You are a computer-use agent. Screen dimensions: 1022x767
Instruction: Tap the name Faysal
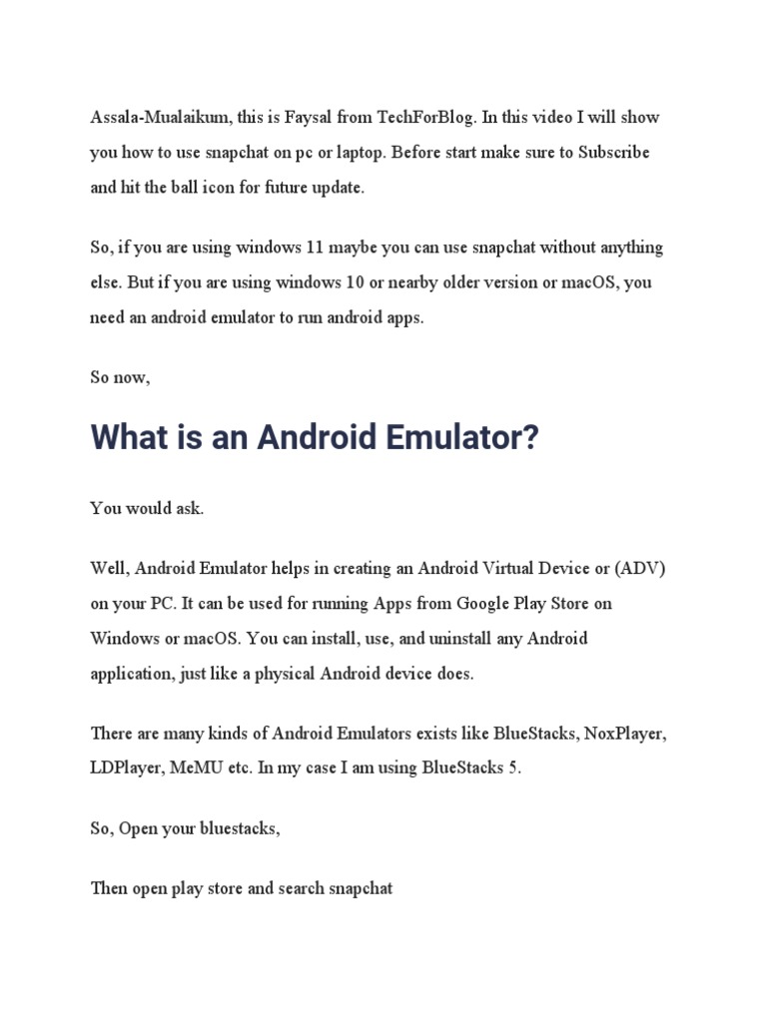[320, 118]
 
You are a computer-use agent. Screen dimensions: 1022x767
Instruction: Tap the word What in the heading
[129, 439]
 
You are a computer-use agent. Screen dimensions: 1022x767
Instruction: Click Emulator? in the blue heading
[463, 439]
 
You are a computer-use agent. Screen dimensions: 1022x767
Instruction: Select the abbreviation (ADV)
[639, 569]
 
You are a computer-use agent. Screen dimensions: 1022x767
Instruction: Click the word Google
[485, 604]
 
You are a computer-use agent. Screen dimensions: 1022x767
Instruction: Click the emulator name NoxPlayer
[623, 734]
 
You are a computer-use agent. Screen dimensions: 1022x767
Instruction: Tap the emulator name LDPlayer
[127, 768]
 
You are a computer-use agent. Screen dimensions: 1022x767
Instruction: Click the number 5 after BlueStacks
[515, 768]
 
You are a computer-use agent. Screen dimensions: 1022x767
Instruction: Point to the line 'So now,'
[120, 378]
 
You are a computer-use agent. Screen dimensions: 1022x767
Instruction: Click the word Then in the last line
[109, 887]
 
